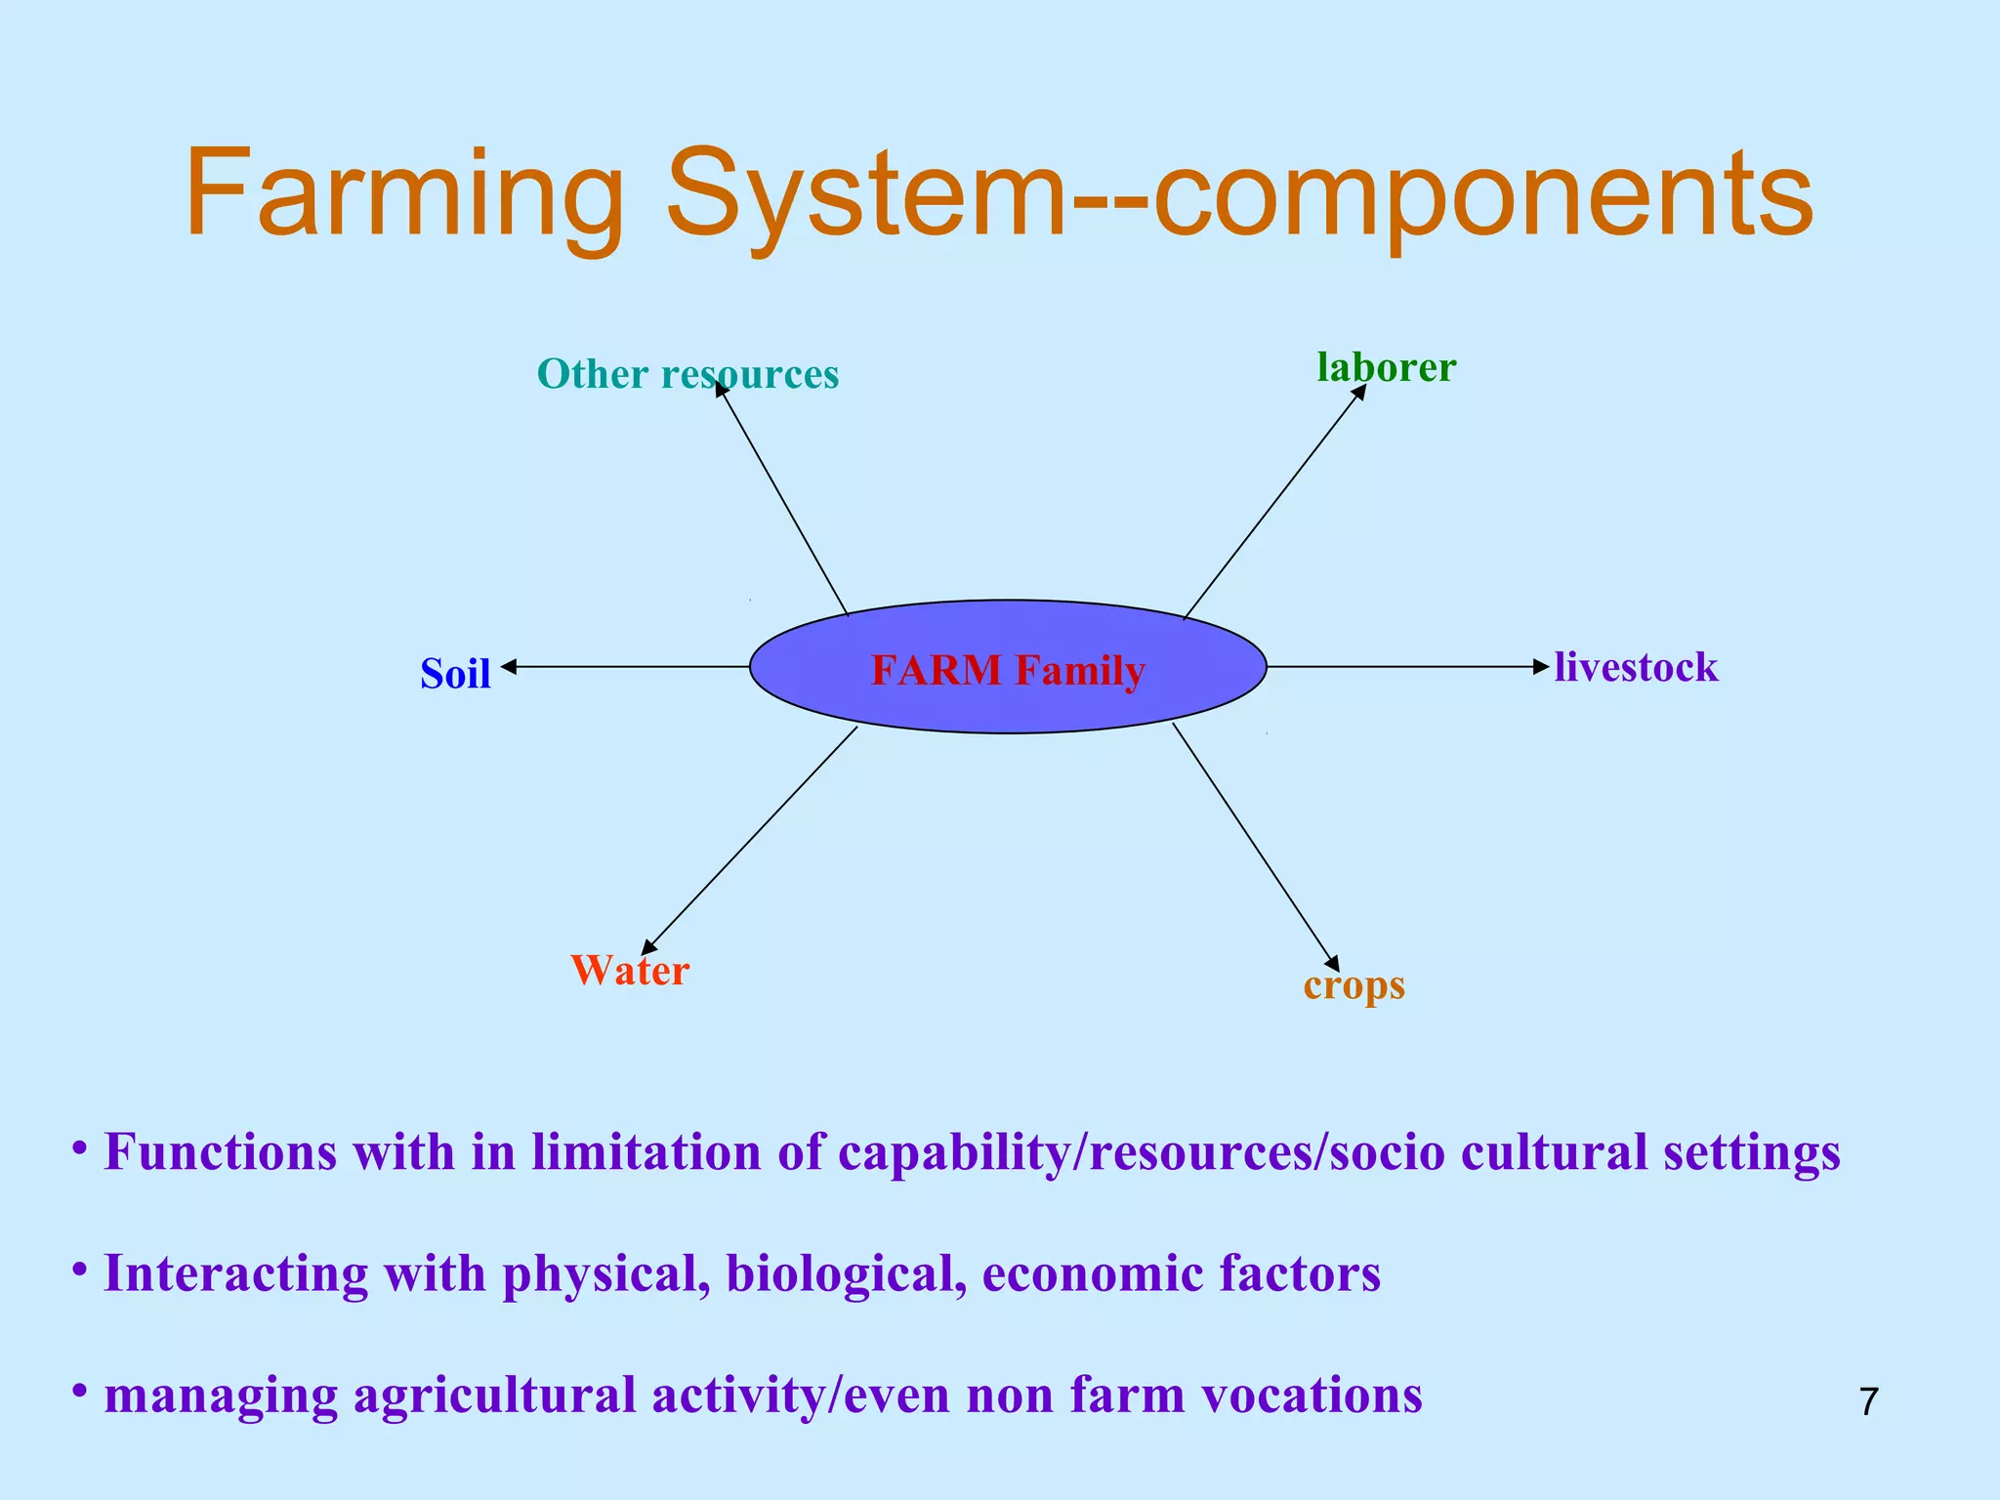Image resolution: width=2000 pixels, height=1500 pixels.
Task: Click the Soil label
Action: click(x=455, y=674)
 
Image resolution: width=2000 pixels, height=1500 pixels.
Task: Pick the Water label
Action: click(x=630, y=971)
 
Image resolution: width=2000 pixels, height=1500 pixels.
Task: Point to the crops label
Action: click(x=1354, y=985)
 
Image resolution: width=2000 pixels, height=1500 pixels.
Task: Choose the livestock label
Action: click(x=1636, y=668)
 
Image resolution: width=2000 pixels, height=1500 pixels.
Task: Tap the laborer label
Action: click(x=1386, y=367)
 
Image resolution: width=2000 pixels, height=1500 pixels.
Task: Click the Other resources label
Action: click(x=687, y=374)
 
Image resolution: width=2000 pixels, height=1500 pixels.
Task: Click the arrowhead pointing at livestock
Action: click(x=1541, y=667)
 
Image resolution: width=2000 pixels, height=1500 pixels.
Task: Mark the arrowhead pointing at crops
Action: click(x=1331, y=962)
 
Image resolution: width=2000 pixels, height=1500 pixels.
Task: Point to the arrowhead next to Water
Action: click(x=648, y=946)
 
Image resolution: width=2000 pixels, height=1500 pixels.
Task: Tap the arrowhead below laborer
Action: click(x=1358, y=393)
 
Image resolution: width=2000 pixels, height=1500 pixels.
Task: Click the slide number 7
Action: click(x=1868, y=1401)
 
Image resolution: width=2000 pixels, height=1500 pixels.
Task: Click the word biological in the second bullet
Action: click(x=847, y=1273)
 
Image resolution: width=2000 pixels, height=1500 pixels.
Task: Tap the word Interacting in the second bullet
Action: click(x=235, y=1273)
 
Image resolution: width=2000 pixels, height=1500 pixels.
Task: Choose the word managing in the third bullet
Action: click(x=221, y=1396)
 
